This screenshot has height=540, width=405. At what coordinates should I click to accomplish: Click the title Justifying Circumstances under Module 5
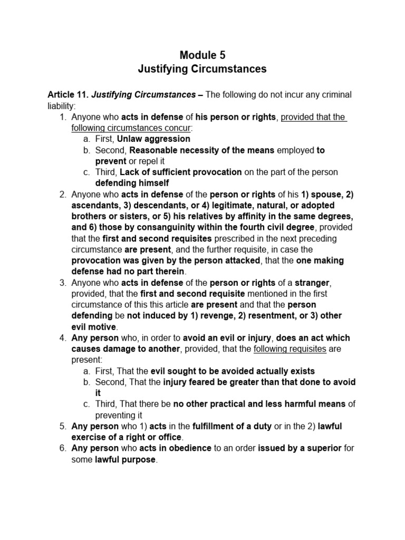(x=202, y=69)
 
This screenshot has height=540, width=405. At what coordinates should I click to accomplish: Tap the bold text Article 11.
(x=68, y=95)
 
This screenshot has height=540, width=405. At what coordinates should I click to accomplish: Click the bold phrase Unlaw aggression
(x=153, y=139)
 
